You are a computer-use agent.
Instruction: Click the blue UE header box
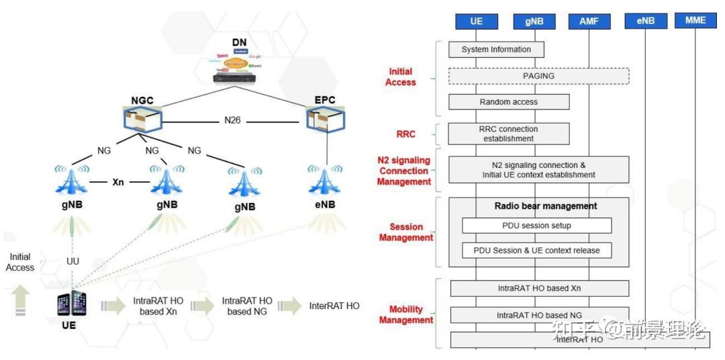[477, 21]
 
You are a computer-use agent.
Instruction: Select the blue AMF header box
[588, 21]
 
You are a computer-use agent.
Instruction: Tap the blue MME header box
[695, 21]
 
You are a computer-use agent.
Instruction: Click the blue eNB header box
[645, 21]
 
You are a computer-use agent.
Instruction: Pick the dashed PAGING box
[538, 76]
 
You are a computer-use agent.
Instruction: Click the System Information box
[496, 50]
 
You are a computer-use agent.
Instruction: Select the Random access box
[509, 102]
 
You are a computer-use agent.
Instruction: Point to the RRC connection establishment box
[509, 134]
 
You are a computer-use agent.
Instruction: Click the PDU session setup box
[536, 226]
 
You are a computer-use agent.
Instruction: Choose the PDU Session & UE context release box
[536, 251]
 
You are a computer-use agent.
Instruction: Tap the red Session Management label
[406, 232]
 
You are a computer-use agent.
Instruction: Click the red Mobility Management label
[406, 315]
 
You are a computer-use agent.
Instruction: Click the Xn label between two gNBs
[117, 182]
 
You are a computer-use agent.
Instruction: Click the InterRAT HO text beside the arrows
[334, 306]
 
